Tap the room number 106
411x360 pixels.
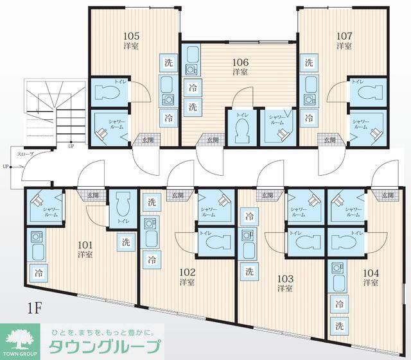click(x=240, y=62)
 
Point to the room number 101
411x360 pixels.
click(x=85, y=244)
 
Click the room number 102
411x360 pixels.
click(x=187, y=271)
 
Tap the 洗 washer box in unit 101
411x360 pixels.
click(x=125, y=242)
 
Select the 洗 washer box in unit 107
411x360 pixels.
click(x=309, y=63)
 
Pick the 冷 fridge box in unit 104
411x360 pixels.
click(x=339, y=304)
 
